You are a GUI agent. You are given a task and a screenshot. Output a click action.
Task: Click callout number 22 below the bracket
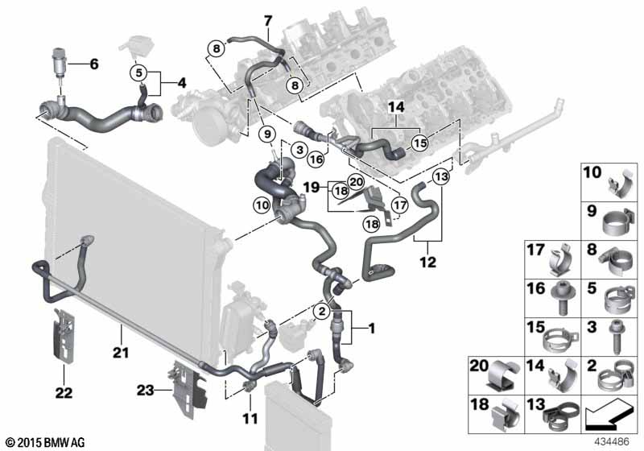coord(63,393)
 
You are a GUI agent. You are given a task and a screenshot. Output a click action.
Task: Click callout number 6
coord(93,63)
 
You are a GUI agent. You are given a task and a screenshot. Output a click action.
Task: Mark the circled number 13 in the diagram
coord(440,176)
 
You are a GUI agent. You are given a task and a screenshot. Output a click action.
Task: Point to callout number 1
coord(371,328)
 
